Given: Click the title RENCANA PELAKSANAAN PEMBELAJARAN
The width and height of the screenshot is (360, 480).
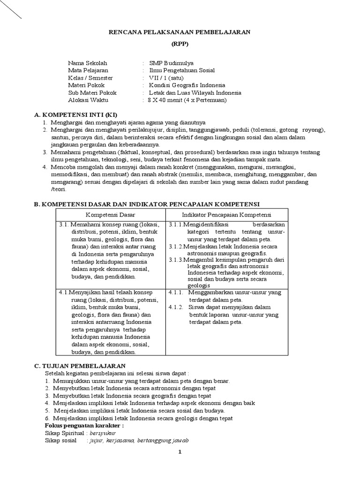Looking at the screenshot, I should pos(180,32).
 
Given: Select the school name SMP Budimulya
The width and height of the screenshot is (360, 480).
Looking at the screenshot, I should pos(171,63).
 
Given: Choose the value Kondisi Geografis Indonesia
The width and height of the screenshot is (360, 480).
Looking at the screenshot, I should pos(187,85).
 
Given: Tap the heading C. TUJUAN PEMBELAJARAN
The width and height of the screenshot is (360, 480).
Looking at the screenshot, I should pos(80,366).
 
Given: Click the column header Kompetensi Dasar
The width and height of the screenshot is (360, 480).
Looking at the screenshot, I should pos(110,214).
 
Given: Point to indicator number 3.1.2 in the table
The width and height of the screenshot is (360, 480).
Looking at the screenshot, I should pos(177,246).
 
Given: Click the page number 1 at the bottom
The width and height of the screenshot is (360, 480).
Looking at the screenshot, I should pos(180,452).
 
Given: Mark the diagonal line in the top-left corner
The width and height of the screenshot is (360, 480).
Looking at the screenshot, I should pos(10,9).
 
